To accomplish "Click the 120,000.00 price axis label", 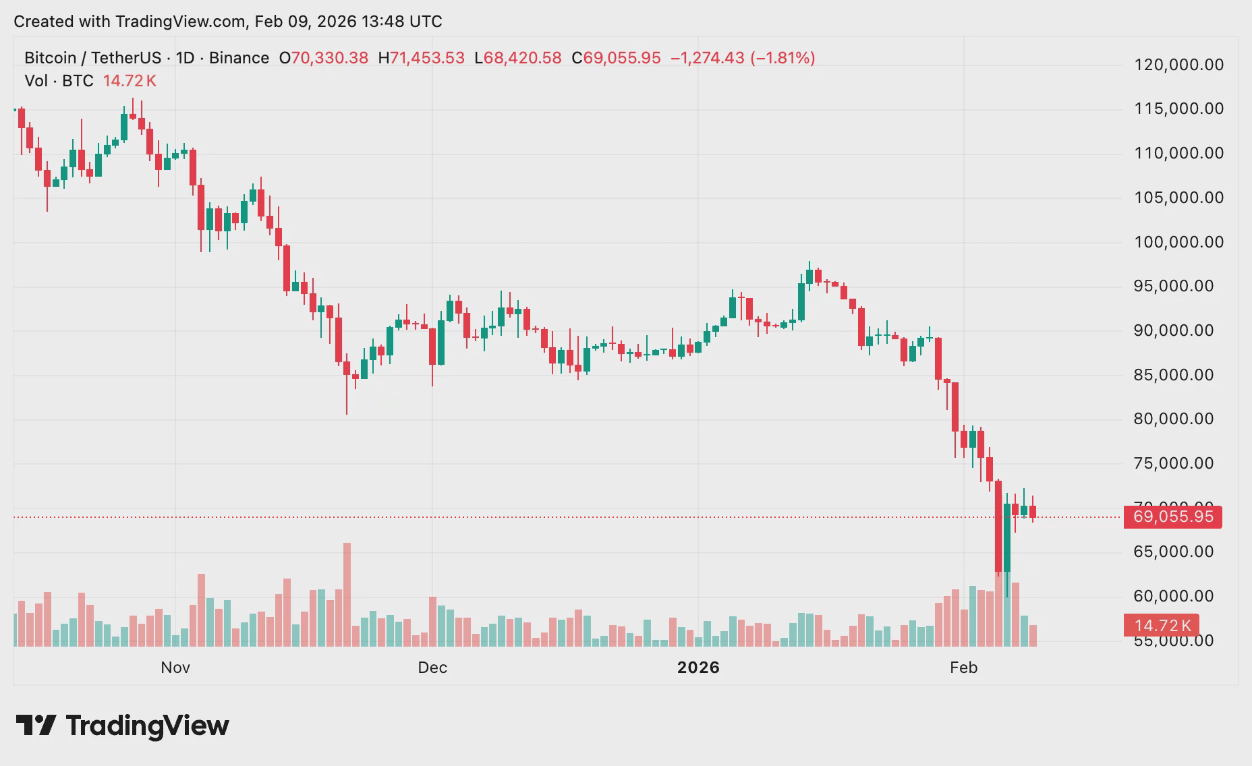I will (x=1178, y=65).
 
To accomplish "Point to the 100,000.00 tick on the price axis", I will (x=1178, y=242).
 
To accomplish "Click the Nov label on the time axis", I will (x=175, y=668).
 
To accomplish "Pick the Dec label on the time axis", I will (x=432, y=668).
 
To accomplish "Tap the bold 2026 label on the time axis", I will (x=698, y=668).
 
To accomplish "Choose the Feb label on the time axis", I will (x=963, y=668).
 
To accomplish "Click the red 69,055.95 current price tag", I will (x=1173, y=517).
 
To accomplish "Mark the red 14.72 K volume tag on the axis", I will (x=1161, y=626).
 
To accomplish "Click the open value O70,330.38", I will (x=324, y=58).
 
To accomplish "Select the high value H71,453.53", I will (x=422, y=58).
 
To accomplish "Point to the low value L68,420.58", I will (x=518, y=58).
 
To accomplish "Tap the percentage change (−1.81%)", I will (x=782, y=58).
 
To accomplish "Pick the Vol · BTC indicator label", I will (x=59, y=81).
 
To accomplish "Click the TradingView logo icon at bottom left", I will (x=36, y=726).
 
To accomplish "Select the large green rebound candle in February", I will (x=1007, y=537).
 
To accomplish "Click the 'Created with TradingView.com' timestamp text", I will (x=228, y=22).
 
